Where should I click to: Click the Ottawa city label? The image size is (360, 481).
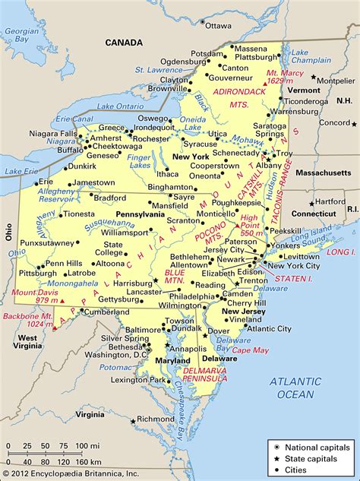217,25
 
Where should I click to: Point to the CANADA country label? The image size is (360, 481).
124,43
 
